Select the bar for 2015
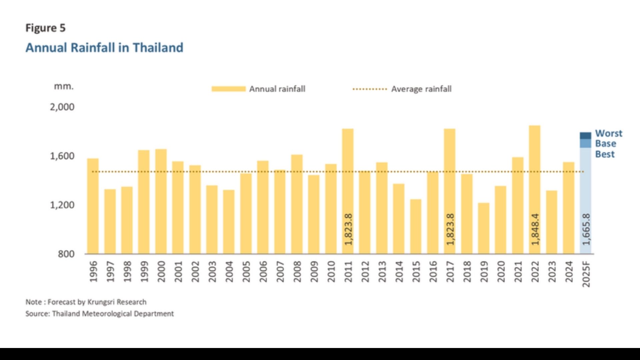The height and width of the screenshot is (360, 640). tap(416, 227)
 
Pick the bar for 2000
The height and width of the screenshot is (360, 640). tap(161, 201)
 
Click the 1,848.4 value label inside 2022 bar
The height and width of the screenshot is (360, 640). tap(535, 229)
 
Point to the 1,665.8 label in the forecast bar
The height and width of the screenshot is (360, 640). tap(586, 229)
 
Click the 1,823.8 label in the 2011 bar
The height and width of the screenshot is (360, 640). tap(348, 229)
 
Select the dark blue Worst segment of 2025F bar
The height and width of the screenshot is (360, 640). tap(585, 136)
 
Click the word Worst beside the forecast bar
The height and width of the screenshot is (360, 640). tap(609, 133)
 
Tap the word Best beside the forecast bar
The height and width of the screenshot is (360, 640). tap(605, 154)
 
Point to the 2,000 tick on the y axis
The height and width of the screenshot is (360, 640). tap(62, 107)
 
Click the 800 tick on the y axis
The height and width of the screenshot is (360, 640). tap(66, 254)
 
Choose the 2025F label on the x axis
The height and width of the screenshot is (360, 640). tap(586, 274)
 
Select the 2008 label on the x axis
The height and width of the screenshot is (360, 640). tap(297, 271)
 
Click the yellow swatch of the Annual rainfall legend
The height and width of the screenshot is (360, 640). tap(229, 89)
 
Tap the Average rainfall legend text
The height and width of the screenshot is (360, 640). tap(421, 89)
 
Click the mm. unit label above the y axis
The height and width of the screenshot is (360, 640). tap(64, 86)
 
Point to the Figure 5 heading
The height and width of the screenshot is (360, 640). tap(45, 28)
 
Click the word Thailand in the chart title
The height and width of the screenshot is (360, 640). tap(158, 48)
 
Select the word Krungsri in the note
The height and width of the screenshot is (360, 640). tap(101, 302)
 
